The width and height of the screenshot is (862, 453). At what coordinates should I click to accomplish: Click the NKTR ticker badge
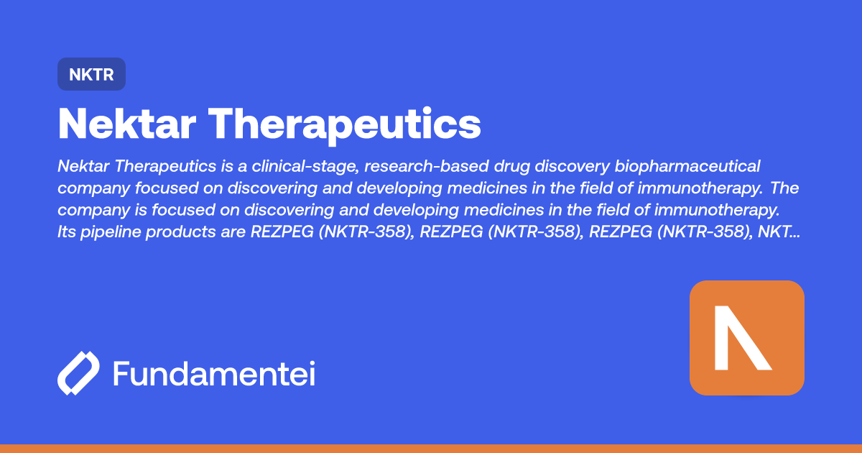click(x=91, y=74)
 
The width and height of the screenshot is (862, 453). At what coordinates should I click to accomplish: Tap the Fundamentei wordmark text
click(x=214, y=374)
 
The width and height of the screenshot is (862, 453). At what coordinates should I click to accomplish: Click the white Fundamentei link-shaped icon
click(x=78, y=374)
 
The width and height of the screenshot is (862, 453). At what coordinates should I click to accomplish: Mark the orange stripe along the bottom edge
click(x=431, y=448)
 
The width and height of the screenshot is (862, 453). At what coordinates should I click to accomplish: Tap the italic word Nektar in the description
click(x=84, y=167)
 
